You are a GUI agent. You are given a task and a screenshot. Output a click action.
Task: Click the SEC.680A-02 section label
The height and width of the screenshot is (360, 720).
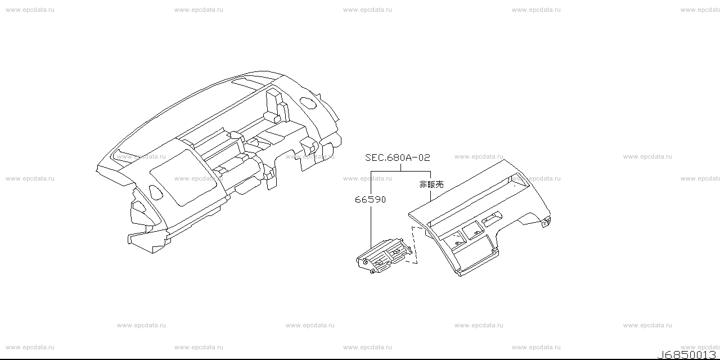(x=397, y=158)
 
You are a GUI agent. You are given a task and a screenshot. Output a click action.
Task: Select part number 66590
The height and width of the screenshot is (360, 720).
(x=370, y=199)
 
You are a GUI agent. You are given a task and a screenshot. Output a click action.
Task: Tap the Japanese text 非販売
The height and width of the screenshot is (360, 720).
(x=431, y=184)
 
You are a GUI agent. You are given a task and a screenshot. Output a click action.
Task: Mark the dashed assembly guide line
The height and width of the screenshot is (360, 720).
(x=415, y=245)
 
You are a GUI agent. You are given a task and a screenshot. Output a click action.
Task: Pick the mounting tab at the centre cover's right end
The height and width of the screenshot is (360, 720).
(x=544, y=223)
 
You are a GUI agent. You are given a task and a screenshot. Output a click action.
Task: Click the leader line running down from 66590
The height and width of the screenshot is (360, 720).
(x=371, y=225)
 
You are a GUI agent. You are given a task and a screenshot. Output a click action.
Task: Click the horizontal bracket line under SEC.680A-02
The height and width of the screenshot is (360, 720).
(x=400, y=170)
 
